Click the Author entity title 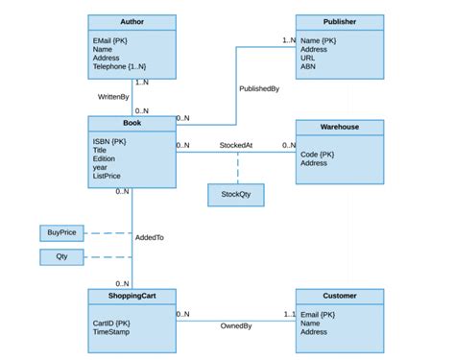tap(132, 21)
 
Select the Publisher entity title tap(339, 21)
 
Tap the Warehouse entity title tap(339, 127)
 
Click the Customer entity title tap(339, 296)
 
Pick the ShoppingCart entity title tap(132, 296)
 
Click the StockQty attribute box tap(235, 195)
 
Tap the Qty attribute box tap(61, 256)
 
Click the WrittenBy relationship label tap(113, 97)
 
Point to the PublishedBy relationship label tap(259, 88)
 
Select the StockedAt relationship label tap(235, 146)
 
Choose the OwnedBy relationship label tap(236, 325)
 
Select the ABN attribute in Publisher tap(308, 67)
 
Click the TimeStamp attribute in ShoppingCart tap(113, 332)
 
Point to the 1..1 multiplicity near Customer tap(288, 314)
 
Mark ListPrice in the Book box tap(108, 176)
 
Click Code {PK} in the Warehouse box tap(318, 154)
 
